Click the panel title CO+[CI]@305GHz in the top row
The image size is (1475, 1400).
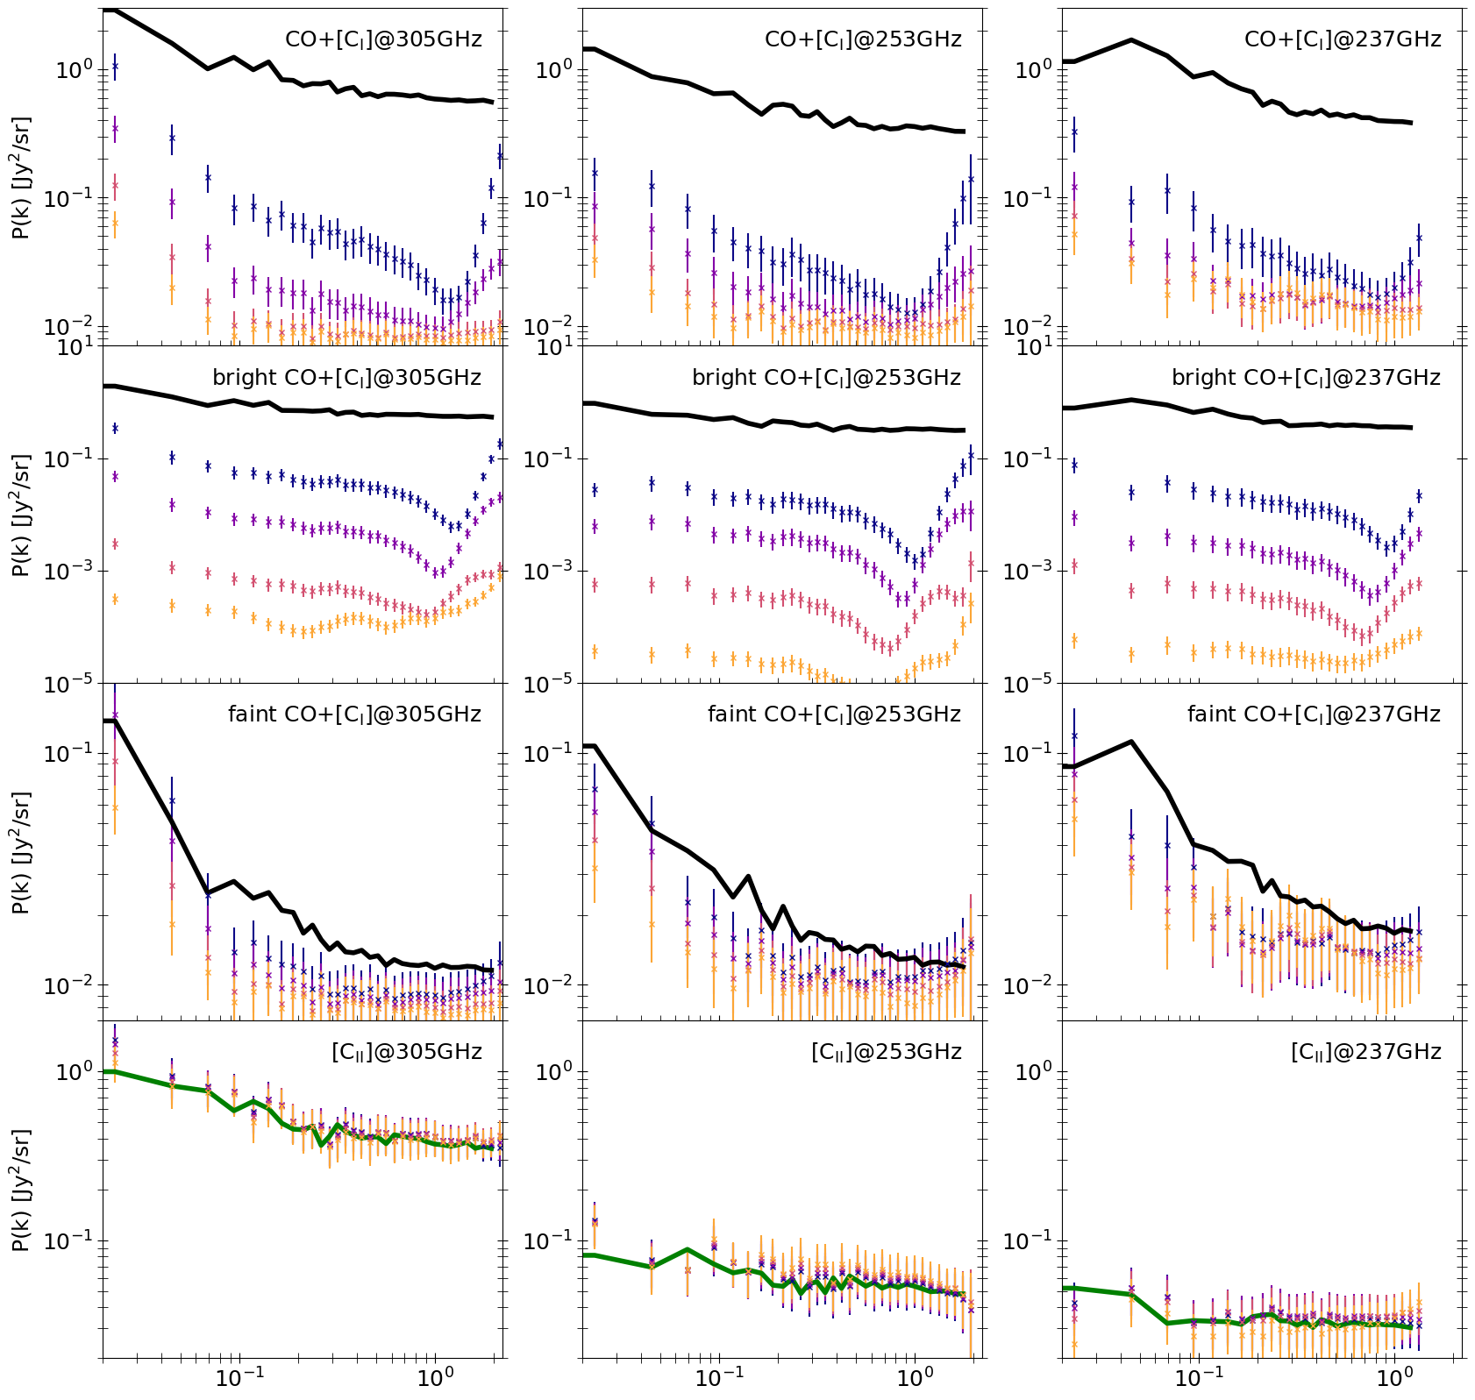point(383,39)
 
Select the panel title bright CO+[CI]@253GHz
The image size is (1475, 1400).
point(826,378)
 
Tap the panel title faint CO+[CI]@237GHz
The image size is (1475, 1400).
point(1314,714)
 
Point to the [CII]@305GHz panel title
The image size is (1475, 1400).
point(407,1052)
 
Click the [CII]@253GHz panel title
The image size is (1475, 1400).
point(887,1052)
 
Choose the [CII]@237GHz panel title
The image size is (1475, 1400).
point(1366,1052)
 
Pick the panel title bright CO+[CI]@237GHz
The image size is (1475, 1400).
point(1306,378)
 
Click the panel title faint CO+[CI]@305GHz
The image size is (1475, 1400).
point(354,714)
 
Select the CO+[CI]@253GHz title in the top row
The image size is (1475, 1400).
point(863,39)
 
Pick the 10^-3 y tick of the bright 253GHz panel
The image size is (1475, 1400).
point(552,571)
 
